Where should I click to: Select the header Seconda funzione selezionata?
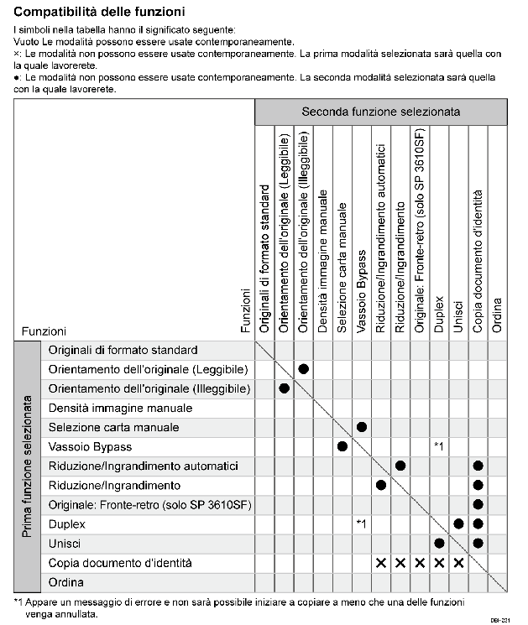pos(380,112)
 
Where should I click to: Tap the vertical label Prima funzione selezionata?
pos(27,466)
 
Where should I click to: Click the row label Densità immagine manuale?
pos(120,408)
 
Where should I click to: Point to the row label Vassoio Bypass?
pos(91,446)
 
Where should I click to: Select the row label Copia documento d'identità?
pos(120,562)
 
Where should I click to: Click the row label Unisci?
pos(66,543)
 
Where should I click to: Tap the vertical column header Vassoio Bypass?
pos(362,292)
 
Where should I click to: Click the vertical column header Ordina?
pos(497,316)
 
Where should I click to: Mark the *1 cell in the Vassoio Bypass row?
pos(439,446)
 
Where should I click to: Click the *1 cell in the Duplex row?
pos(361,523)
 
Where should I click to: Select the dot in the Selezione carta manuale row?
pos(362,427)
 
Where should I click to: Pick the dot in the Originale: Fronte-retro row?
pos(478,504)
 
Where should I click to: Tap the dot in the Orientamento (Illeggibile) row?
pos(284,388)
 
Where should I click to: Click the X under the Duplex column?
pos(439,562)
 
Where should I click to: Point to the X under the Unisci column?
pos(458,562)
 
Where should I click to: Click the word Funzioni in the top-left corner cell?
pos(44,331)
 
